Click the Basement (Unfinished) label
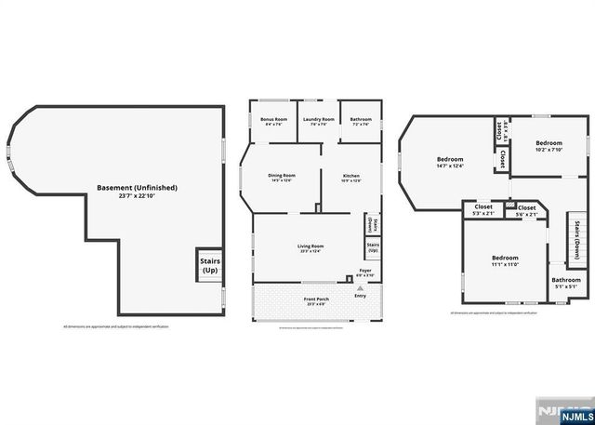(x=137, y=192)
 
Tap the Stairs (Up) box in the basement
(x=209, y=266)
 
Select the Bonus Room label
(x=271, y=121)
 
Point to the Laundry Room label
(x=317, y=121)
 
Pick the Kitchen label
(x=350, y=178)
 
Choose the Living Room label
(x=311, y=247)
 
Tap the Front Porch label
(x=315, y=300)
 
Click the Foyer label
(x=366, y=272)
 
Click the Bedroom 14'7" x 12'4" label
(x=450, y=163)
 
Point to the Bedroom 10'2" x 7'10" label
(x=548, y=146)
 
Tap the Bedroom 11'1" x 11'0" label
(x=505, y=261)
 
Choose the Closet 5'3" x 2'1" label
(x=483, y=210)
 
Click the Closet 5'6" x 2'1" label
(x=526, y=210)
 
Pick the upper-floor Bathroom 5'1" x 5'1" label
(x=565, y=283)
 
